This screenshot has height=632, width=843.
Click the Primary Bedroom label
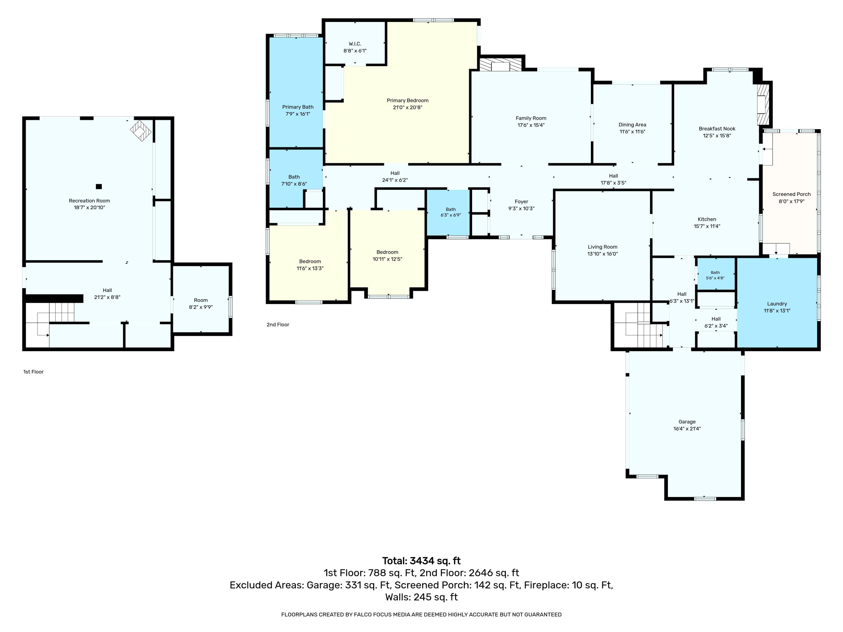coord(407,101)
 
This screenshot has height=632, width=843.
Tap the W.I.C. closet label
coord(355,44)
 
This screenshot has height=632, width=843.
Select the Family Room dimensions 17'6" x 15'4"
coord(531,125)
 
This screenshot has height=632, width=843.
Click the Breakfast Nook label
coord(717,129)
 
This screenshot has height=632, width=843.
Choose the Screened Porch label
coord(792,194)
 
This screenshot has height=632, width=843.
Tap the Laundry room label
coord(777,304)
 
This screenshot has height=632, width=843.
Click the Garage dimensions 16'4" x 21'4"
coord(687,429)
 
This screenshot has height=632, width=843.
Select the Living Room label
coord(602,247)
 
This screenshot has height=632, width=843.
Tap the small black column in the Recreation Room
coord(99,186)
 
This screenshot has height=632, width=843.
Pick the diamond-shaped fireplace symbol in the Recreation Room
coord(140,131)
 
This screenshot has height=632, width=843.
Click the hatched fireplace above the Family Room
coord(500,64)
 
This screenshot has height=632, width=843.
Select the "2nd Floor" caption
coord(278,325)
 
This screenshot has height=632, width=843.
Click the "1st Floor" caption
coord(33,372)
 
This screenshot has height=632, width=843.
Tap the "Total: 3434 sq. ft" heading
coord(421,561)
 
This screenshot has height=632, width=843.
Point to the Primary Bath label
coord(298,107)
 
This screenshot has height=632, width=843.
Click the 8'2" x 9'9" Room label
coord(201,304)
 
